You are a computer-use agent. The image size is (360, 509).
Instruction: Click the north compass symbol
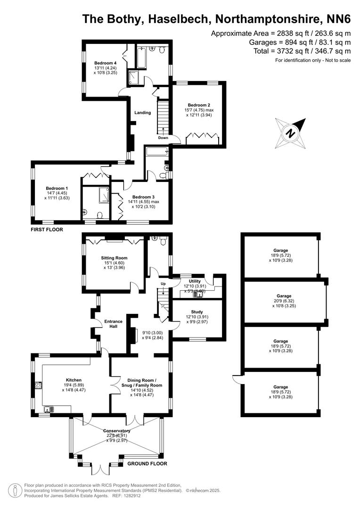[x=291, y=133]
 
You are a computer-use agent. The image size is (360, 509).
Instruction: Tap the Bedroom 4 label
[x=105, y=63]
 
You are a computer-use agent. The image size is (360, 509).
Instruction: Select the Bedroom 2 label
[x=199, y=105]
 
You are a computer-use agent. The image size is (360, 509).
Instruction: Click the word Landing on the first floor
[x=142, y=113]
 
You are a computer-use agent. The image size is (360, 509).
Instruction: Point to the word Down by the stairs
[x=163, y=138]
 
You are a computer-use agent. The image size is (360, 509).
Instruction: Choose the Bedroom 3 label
[x=143, y=197]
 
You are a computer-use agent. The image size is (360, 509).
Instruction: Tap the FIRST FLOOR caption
[x=47, y=230]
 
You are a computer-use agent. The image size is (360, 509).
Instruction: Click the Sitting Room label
[x=114, y=258]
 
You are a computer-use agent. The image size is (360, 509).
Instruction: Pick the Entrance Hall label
[x=114, y=325]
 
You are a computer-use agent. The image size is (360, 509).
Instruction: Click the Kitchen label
[x=74, y=380]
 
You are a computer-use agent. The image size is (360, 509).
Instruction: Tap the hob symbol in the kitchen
[x=37, y=385]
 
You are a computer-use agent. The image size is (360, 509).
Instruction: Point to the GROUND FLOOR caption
[x=147, y=463]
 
